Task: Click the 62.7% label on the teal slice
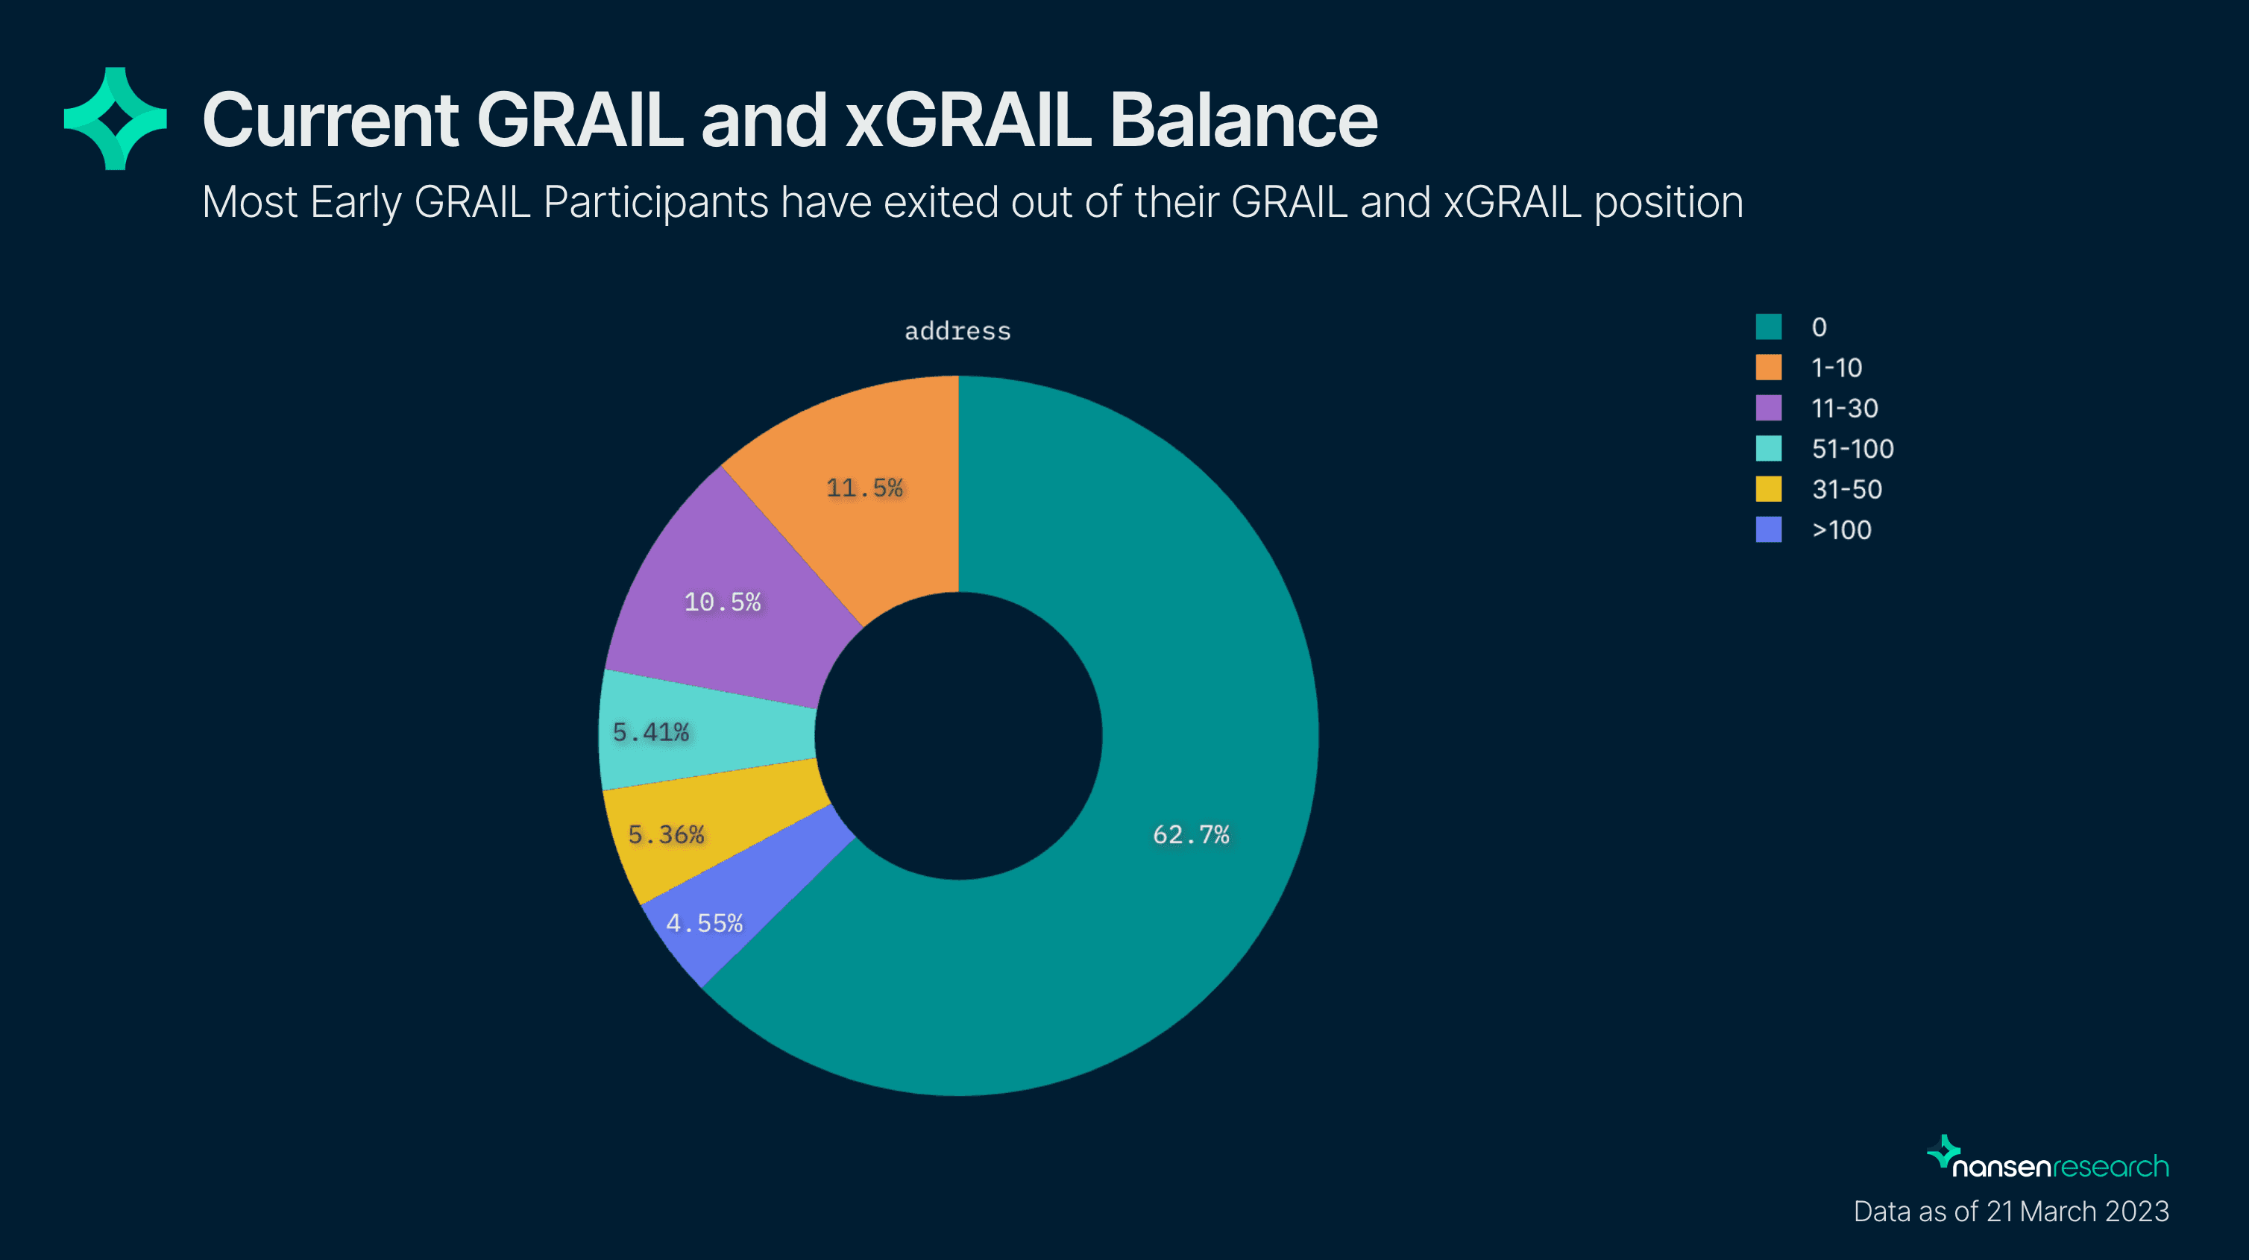pyautogui.click(x=1191, y=835)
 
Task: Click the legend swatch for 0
pyautogui.click(x=1769, y=327)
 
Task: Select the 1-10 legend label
pyautogui.click(x=1837, y=368)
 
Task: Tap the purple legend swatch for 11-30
pyautogui.click(x=1769, y=408)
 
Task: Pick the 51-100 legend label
pyautogui.click(x=1852, y=449)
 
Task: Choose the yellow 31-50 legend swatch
pyautogui.click(x=1769, y=489)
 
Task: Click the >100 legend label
pyautogui.click(x=1841, y=530)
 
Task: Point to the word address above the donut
pyautogui.click(x=957, y=331)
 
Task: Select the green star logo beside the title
pyautogui.click(x=116, y=119)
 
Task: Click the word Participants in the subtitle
pyautogui.click(x=655, y=204)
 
